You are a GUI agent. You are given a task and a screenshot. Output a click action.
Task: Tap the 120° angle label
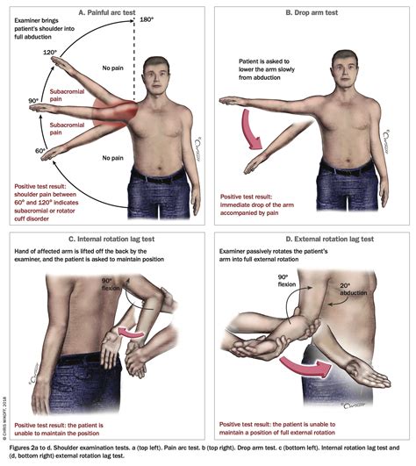click(x=52, y=53)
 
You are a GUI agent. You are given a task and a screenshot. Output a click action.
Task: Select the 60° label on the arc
click(x=40, y=150)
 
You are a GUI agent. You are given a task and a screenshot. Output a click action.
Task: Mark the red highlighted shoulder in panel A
click(x=123, y=112)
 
